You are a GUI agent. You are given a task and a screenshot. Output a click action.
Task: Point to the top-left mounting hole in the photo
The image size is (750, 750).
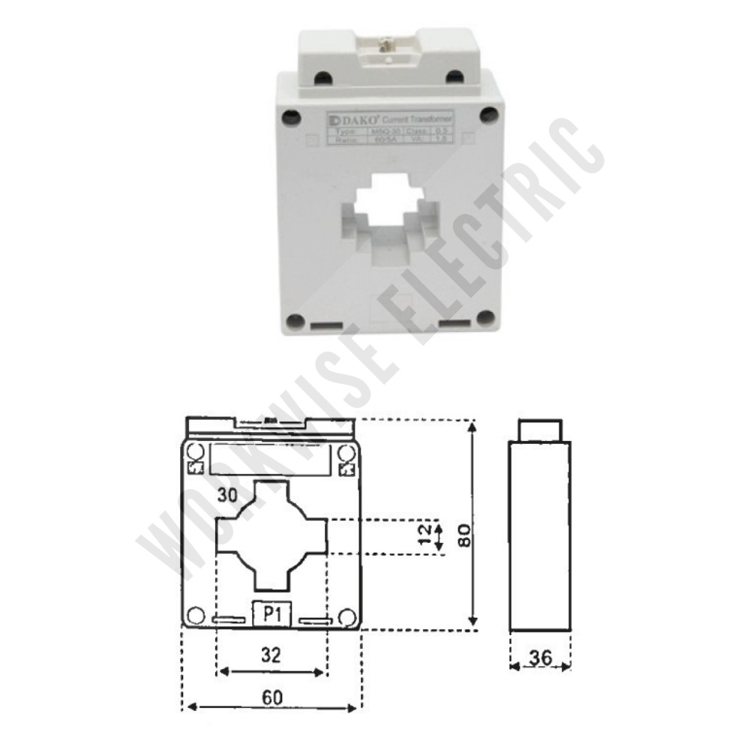[290, 116]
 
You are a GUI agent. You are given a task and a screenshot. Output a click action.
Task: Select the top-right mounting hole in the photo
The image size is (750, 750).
[489, 115]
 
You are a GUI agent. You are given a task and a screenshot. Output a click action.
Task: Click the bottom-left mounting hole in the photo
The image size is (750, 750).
[295, 321]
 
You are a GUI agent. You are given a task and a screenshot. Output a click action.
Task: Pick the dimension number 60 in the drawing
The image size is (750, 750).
[272, 697]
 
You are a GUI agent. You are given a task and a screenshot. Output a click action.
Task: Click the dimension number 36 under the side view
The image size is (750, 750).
[540, 658]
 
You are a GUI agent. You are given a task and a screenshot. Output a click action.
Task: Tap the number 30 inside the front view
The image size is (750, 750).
[228, 495]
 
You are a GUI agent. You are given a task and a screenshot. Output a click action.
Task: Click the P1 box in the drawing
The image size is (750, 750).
[271, 614]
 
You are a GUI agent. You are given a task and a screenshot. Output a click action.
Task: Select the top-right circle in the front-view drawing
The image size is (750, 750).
[346, 452]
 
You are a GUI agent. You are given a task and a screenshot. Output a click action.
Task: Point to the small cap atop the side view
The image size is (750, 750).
[540, 431]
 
